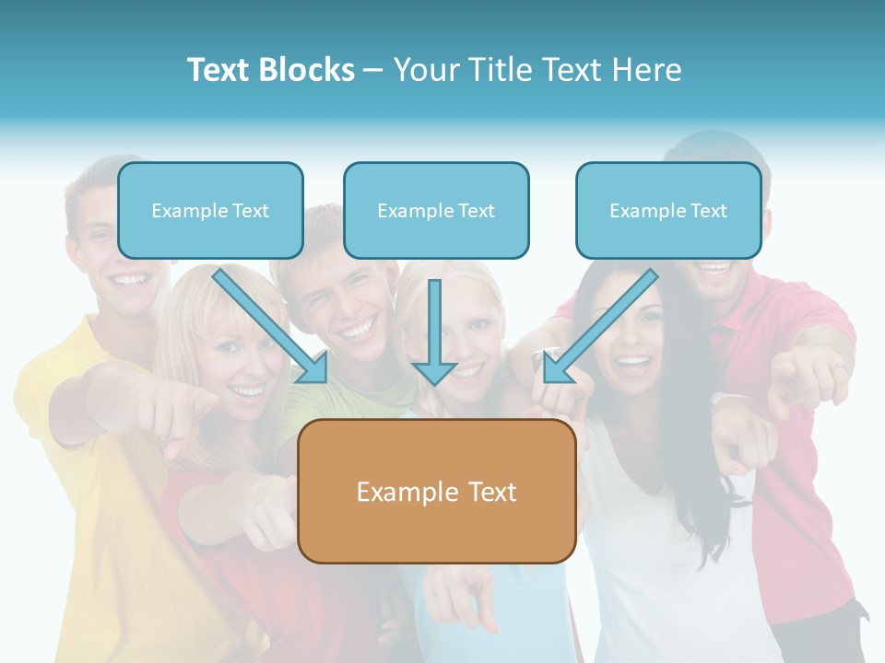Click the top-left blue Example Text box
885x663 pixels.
(x=210, y=211)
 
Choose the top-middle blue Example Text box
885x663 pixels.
(x=436, y=211)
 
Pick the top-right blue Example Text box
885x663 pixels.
(x=668, y=211)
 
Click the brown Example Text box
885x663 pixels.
(x=437, y=492)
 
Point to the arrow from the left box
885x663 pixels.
(x=272, y=327)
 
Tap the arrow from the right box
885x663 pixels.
(x=599, y=327)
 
